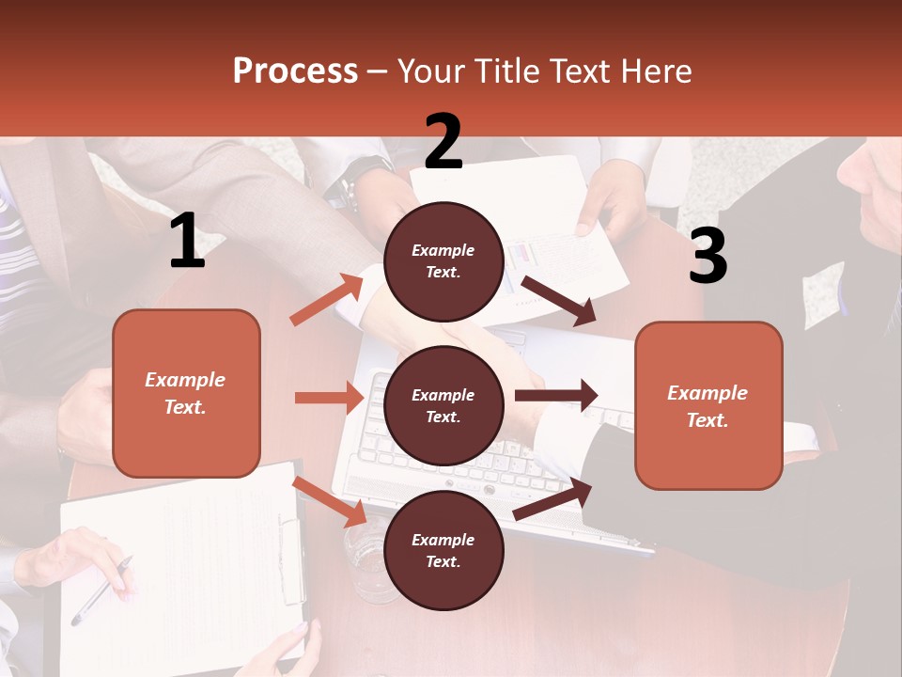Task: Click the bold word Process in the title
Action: pos(295,71)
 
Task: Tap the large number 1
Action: pos(187,242)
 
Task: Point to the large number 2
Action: pos(443,142)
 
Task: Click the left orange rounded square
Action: pos(186,393)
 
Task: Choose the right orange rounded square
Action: pos(708,406)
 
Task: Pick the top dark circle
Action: pos(443,261)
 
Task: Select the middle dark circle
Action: pos(443,405)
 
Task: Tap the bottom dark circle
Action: pos(443,550)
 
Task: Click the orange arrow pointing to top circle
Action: pos(326,300)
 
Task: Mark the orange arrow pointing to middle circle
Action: pos(329,398)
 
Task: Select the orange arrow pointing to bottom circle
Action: pos(330,501)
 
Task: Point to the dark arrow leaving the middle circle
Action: pos(556,395)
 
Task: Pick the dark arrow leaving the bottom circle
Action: pos(552,499)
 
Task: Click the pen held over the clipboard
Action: pos(101,590)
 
